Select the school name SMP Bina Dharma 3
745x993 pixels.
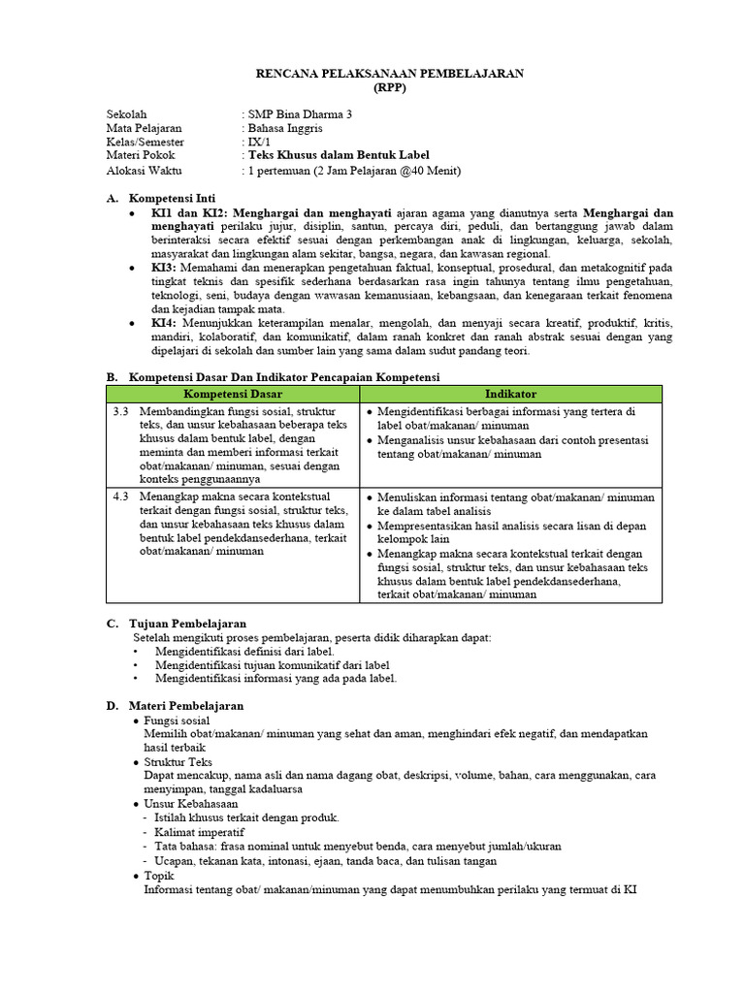pos(300,113)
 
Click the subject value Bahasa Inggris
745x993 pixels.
pos(286,128)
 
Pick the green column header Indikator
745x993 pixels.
pos(510,394)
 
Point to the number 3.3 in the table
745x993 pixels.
pos(121,412)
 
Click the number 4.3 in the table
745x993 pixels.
pos(121,496)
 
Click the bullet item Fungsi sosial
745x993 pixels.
pos(177,721)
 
